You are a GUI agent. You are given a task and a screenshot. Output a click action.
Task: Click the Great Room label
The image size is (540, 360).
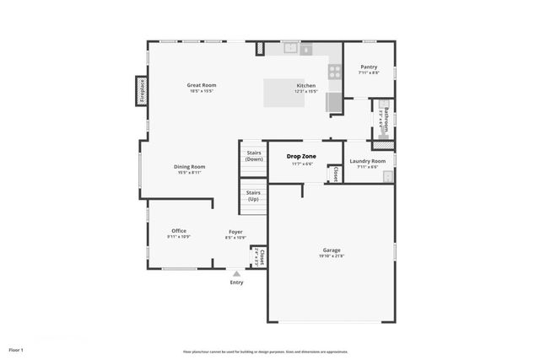click(202, 85)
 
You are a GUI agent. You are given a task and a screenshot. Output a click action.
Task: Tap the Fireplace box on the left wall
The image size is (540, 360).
click(141, 91)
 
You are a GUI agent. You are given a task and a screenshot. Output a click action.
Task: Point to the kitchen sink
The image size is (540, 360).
click(292, 48)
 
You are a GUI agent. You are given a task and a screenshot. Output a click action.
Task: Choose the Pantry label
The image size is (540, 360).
click(369, 67)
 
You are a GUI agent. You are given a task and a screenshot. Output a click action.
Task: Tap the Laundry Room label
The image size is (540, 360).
click(367, 160)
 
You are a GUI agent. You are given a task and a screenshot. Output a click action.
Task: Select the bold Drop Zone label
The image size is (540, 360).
click(302, 157)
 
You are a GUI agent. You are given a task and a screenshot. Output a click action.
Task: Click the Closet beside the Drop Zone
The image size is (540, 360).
click(335, 174)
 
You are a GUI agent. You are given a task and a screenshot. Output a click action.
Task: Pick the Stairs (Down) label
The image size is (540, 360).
click(254, 156)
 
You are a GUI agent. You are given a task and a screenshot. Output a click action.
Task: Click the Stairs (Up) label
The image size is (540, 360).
click(253, 196)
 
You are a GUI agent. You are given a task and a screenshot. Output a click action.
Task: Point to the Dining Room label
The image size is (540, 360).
click(189, 167)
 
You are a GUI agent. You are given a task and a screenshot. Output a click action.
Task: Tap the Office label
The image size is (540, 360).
click(178, 231)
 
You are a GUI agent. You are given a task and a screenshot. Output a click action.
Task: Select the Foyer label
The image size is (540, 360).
click(235, 231)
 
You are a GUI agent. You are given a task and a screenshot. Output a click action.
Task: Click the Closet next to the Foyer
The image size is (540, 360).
click(262, 257)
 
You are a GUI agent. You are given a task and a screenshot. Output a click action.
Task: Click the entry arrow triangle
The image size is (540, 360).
click(236, 273)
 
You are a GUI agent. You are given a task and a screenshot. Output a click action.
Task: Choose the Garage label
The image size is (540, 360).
click(332, 250)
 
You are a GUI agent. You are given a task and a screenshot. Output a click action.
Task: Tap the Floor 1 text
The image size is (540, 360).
click(16, 349)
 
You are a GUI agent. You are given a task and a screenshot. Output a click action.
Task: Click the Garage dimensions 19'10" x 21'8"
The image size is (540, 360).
click(332, 256)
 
